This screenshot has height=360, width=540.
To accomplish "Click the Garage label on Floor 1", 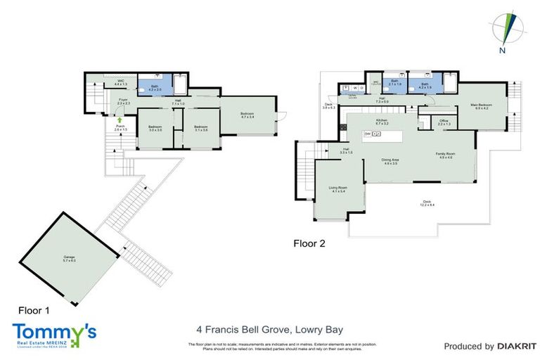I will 68,258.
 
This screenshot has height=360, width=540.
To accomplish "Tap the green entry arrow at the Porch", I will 110,121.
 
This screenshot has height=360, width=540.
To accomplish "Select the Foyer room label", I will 122,101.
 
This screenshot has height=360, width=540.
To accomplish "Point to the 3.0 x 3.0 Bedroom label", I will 155,128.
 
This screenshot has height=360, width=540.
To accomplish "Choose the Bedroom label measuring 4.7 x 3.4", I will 247,116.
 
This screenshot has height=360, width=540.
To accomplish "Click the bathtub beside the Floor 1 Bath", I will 178,84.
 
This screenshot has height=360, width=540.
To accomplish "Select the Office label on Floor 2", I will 444,122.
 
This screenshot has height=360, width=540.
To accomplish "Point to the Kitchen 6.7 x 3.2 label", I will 382,122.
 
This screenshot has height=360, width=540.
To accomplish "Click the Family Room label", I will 446,155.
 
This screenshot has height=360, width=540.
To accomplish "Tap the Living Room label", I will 338,189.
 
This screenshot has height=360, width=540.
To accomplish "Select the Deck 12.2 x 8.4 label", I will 423,203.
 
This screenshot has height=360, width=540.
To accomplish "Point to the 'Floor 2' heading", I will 309,243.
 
